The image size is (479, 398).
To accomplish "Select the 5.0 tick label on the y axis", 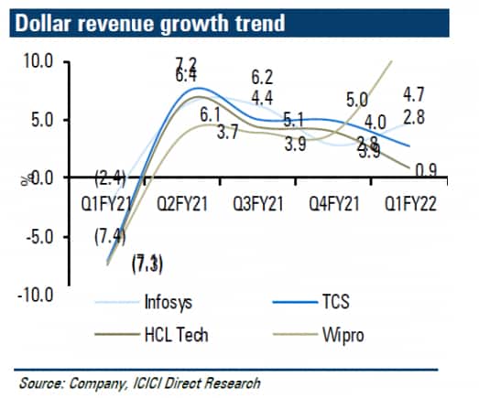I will coord(41,120).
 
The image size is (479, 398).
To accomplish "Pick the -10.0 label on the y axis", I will coord(37,295).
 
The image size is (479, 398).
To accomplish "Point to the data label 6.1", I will coord(210,114).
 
